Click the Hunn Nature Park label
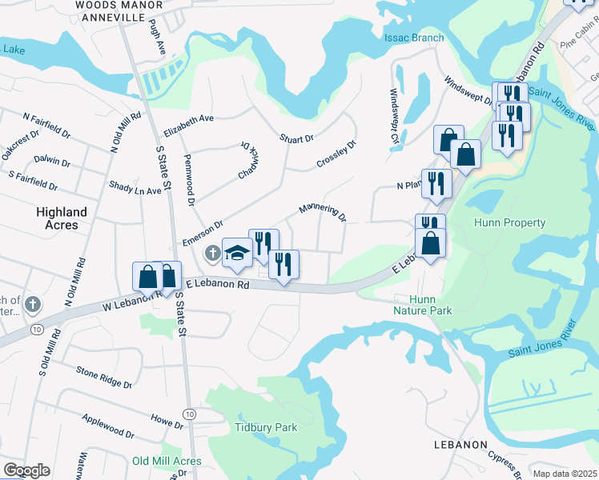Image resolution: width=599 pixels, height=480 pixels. click(x=423, y=305)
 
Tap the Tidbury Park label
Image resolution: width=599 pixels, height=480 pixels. click(x=265, y=427)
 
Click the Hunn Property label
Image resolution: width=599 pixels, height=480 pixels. click(x=510, y=223)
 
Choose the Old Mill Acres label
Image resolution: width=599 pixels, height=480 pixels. click(x=167, y=461)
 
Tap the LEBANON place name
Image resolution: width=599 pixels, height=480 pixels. click(x=460, y=444)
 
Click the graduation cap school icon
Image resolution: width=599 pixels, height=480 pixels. click(x=237, y=254)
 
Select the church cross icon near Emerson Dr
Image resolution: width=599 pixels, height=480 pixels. click(x=212, y=254)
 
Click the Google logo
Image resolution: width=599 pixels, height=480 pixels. click(x=26, y=470)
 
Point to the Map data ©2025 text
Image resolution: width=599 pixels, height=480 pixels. click(x=565, y=474)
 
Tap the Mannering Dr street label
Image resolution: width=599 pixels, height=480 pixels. click(x=322, y=212)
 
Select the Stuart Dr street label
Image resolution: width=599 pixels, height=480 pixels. click(x=296, y=139)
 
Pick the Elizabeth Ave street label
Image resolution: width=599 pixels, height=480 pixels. click(x=188, y=124)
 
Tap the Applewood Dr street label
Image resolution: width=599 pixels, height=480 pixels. click(x=108, y=426)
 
